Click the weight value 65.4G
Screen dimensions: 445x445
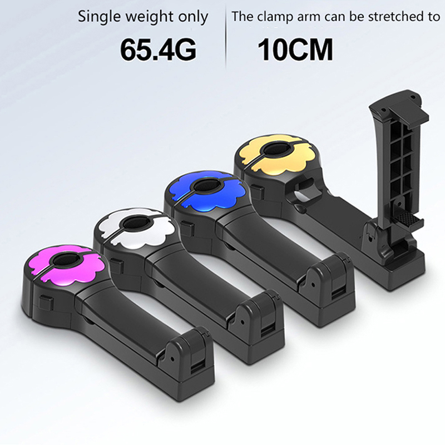(158, 49)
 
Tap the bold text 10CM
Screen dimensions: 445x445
(295, 50)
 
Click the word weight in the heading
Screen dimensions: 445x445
(150, 18)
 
